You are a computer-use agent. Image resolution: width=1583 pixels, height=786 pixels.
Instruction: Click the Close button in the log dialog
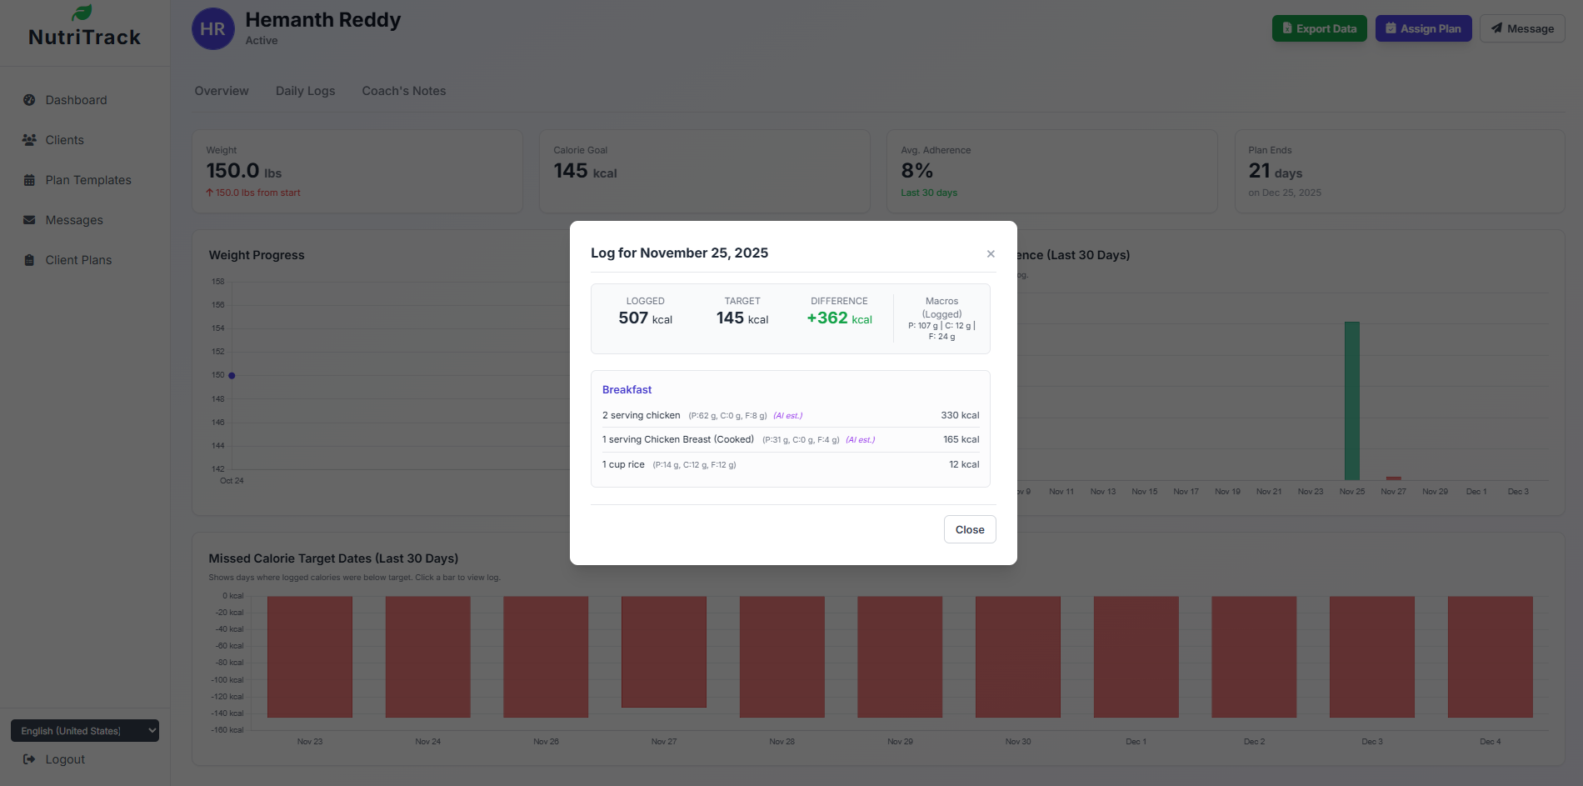[x=969, y=529]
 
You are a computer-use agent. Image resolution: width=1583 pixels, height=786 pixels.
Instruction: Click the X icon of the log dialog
[x=991, y=254]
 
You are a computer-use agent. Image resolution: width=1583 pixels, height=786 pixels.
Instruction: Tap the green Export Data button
[x=1319, y=28]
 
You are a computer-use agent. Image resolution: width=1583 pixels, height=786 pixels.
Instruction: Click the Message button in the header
[x=1522, y=28]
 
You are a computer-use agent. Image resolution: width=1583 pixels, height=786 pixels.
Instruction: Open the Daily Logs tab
[x=305, y=91]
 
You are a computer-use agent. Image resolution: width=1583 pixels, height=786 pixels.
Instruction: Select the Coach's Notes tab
[x=403, y=91]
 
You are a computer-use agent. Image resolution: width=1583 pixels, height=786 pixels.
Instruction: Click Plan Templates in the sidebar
[x=87, y=180]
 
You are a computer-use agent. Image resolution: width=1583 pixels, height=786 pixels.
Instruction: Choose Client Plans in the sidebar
[x=78, y=260]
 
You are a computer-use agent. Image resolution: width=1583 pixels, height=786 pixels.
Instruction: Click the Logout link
[x=64, y=759]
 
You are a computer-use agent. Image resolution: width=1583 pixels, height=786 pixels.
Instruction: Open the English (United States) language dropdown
[x=84, y=731]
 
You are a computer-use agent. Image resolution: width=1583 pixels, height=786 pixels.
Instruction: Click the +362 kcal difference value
[x=839, y=318]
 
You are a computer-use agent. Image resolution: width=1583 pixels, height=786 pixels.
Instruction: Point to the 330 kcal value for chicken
[x=960, y=415]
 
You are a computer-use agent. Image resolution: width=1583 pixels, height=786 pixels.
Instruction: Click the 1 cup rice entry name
[x=623, y=465]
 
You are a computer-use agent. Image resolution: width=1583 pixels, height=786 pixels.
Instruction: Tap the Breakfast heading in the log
[x=627, y=390]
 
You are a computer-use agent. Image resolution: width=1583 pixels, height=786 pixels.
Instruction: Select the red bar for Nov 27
[x=663, y=652]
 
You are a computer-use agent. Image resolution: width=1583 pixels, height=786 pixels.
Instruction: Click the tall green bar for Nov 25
[x=1351, y=400]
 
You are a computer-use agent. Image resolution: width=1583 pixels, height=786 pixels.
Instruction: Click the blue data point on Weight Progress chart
[x=232, y=376]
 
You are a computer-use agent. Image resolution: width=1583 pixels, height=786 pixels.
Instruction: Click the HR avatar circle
[x=212, y=29]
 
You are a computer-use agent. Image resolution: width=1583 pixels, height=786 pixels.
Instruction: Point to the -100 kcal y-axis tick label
[x=229, y=680]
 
